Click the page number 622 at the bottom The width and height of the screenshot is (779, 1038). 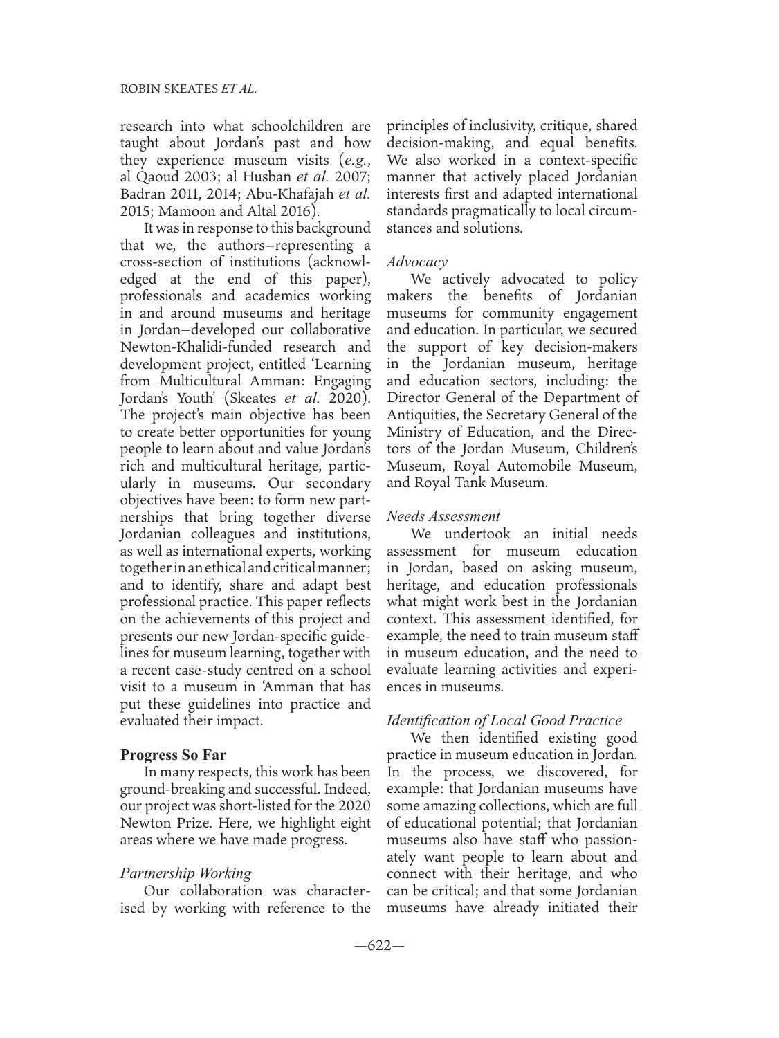pyautogui.click(x=389, y=947)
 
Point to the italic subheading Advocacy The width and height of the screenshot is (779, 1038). pyautogui.click(x=417, y=262)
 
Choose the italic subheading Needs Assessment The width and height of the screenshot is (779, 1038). pyautogui.click(x=443, y=516)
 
